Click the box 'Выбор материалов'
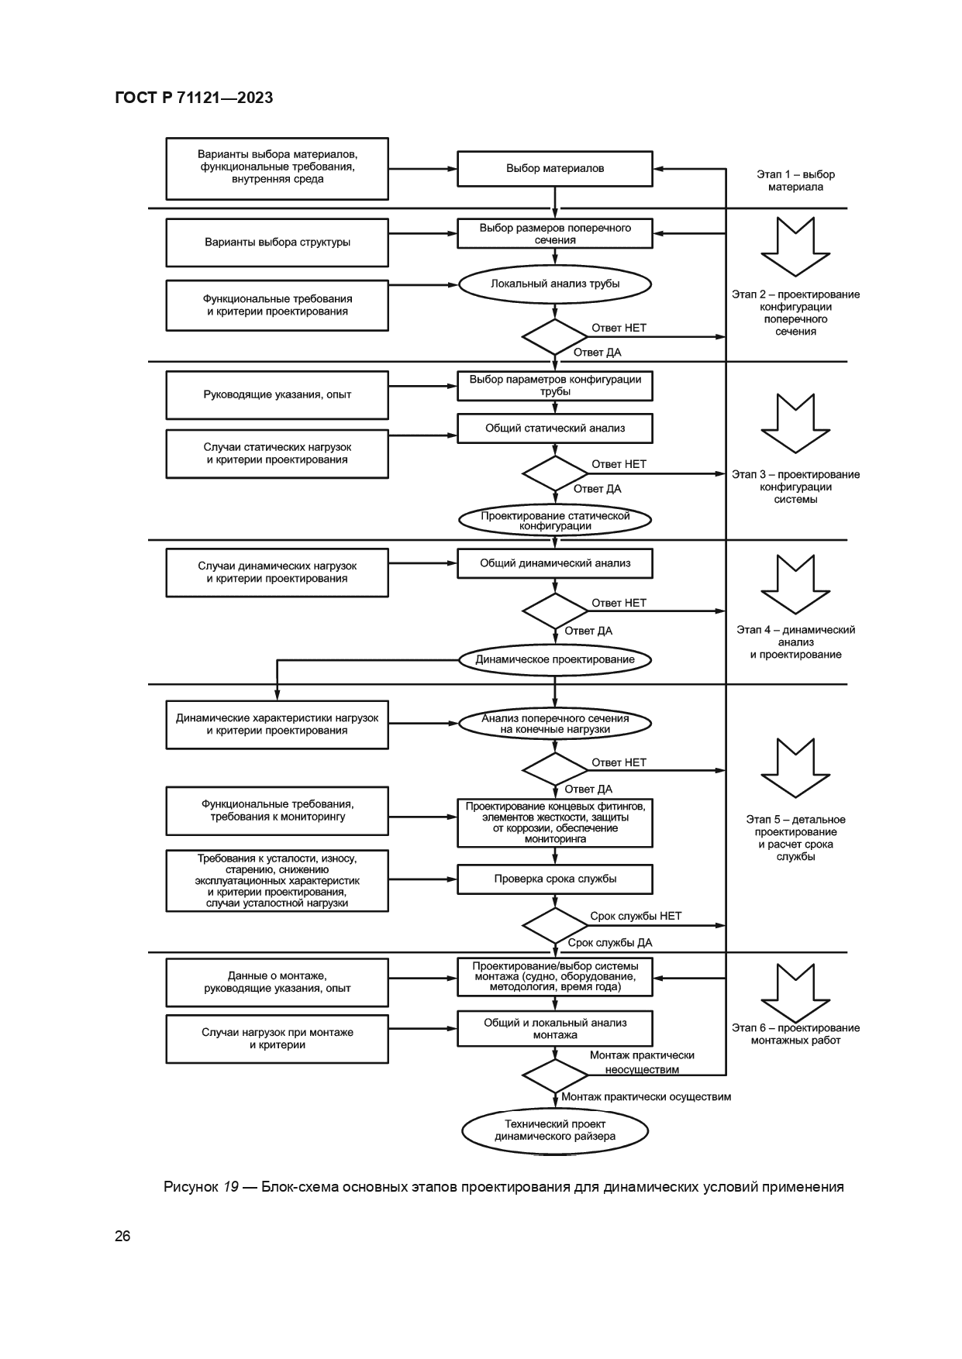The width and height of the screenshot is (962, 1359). [x=554, y=168]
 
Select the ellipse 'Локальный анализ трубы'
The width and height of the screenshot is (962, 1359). [x=554, y=284]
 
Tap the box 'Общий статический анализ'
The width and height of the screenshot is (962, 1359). [x=554, y=428]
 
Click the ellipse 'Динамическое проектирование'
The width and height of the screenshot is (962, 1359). [x=554, y=659]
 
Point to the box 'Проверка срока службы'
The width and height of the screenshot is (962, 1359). [x=554, y=879]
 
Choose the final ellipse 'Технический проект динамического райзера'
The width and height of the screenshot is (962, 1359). [x=554, y=1130]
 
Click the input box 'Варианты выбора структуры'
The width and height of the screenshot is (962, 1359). [x=277, y=243]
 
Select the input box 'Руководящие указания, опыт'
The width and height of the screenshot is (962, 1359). [x=277, y=394]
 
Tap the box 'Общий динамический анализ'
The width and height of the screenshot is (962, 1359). [x=554, y=563]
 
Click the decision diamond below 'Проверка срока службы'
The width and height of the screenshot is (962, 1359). [x=554, y=925]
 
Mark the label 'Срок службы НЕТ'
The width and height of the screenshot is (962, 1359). [x=636, y=916]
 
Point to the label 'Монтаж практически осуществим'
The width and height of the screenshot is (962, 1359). [x=646, y=1096]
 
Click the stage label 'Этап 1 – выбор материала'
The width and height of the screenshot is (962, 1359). [x=795, y=181]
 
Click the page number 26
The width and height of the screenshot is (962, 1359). [x=122, y=1236]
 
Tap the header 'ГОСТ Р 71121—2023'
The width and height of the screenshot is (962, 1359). [x=194, y=98]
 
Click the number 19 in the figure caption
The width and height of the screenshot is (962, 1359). [x=231, y=1187]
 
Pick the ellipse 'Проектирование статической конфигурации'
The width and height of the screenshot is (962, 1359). [x=554, y=521]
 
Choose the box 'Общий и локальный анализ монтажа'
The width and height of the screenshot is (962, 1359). [x=554, y=1028]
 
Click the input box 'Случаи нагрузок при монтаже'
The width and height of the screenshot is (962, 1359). [x=277, y=1038]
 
